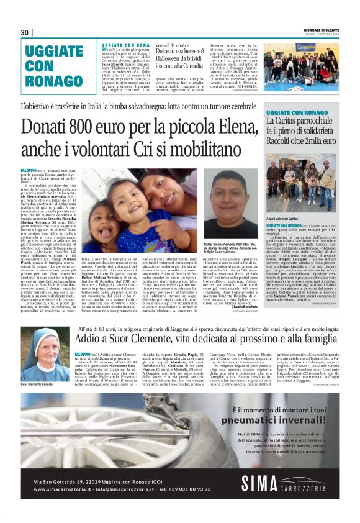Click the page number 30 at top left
coord(25,33)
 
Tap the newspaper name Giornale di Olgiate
coord(321,30)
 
